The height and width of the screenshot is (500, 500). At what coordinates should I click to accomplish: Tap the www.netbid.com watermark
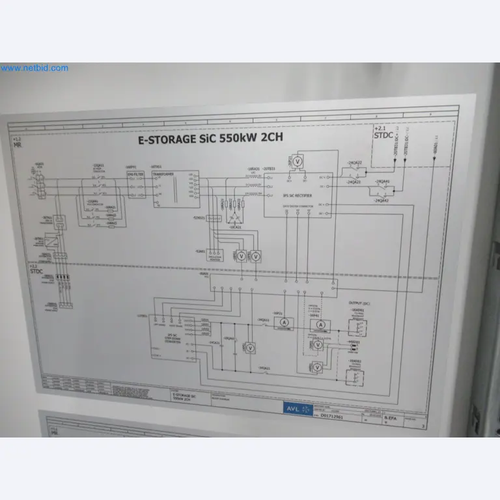click(x=34, y=68)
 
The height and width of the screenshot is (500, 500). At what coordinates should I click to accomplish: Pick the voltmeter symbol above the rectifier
click(x=298, y=161)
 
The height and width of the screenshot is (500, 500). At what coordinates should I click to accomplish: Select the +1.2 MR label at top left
click(x=17, y=143)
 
